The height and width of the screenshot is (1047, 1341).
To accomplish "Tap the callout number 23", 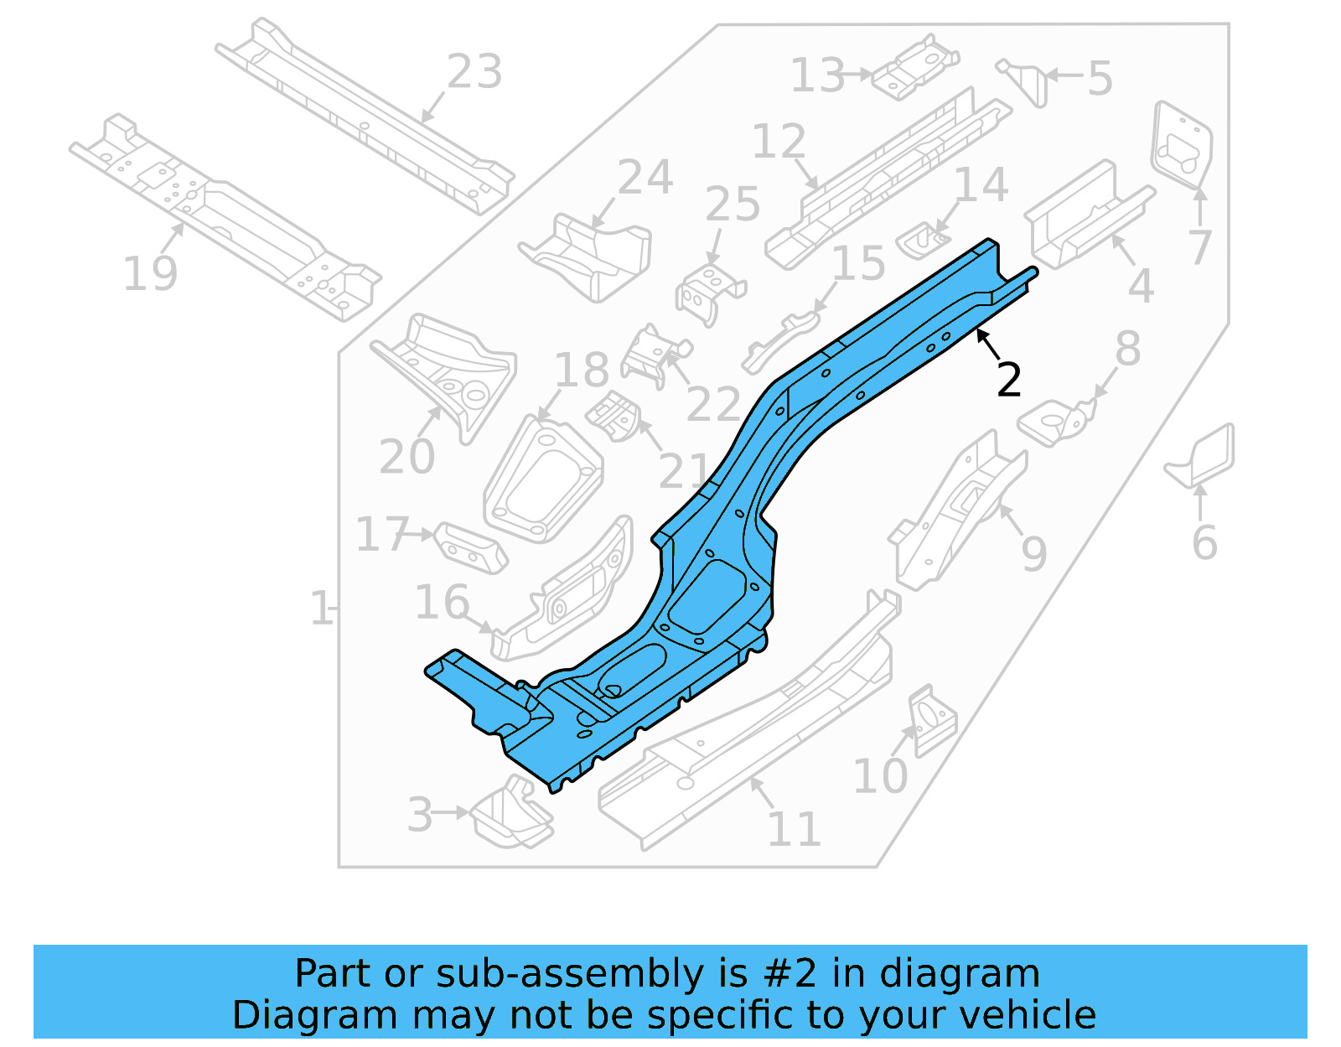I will (474, 72).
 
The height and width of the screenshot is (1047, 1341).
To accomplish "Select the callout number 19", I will (150, 274).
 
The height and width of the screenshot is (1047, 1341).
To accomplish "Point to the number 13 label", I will (818, 75).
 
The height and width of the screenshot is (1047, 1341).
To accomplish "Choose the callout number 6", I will (1204, 542).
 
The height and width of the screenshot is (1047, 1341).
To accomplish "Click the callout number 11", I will (794, 830).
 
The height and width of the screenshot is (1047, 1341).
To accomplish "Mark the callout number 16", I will (442, 603).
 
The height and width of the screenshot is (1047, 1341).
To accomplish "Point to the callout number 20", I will (406, 457).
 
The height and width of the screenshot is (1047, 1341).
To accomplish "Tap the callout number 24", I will (645, 178).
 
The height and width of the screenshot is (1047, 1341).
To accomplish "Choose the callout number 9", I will (1033, 554).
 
